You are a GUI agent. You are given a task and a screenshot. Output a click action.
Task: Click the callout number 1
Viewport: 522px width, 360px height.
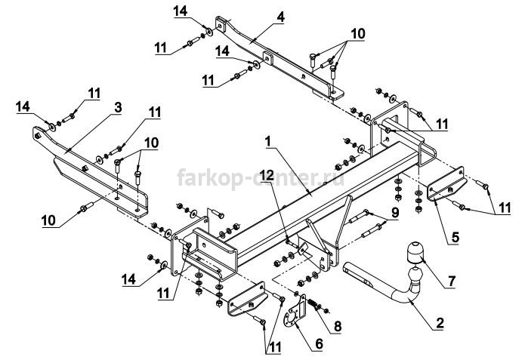click(267, 142)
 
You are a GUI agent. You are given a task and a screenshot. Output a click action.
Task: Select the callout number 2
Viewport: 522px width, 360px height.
click(440, 323)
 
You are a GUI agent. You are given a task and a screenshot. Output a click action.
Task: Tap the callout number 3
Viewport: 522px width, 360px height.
click(118, 107)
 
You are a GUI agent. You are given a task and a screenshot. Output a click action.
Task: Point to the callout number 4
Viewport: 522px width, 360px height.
click(281, 17)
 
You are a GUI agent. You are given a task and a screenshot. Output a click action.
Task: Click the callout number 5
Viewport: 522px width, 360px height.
click(456, 237)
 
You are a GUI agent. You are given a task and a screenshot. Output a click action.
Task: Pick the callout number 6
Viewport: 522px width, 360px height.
click(319, 344)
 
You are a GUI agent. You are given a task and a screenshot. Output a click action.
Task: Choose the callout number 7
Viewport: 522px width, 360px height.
click(451, 282)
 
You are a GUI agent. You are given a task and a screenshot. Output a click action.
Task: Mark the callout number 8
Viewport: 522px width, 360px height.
click(338, 326)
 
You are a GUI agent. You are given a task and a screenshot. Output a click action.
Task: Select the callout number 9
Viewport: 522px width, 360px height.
click(395, 212)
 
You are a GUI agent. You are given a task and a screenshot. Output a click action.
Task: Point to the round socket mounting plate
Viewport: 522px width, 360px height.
click(295, 313)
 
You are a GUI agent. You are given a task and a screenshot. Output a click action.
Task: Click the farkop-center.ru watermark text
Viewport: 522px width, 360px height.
click(261, 178)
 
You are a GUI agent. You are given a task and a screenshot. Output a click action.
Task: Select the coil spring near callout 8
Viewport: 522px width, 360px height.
click(312, 303)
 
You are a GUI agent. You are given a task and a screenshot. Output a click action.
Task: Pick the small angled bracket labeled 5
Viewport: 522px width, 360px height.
click(447, 185)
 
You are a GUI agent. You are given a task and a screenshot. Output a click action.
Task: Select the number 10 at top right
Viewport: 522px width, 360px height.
click(357, 34)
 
